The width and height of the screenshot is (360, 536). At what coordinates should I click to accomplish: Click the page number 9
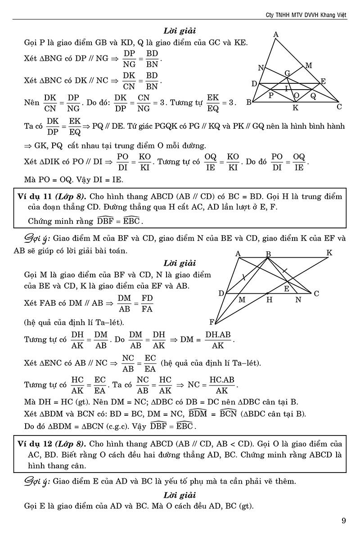pos(344,521)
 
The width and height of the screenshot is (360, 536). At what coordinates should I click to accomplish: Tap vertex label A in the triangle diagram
pos(275,35)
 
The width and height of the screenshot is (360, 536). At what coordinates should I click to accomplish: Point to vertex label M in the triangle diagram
pos(309,66)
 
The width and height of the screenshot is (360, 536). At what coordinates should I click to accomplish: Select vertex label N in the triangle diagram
pos(261,68)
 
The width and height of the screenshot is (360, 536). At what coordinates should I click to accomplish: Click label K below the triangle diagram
pos(295,108)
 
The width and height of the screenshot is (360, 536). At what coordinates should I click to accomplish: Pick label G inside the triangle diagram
pos(287,73)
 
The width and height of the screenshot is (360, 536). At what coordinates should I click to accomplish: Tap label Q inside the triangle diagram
pos(313,96)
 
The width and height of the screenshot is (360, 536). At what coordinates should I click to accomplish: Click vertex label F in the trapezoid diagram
pos(211,322)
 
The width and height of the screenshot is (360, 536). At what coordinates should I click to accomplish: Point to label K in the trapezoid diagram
pos(329,253)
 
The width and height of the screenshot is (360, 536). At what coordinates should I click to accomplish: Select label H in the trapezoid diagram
pos(269,299)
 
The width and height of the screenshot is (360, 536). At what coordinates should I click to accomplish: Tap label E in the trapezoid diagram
pos(286,289)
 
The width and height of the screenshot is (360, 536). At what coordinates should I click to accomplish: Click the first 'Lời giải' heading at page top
pos(180,32)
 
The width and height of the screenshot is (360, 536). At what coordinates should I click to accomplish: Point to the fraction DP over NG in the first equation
pos(129,58)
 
